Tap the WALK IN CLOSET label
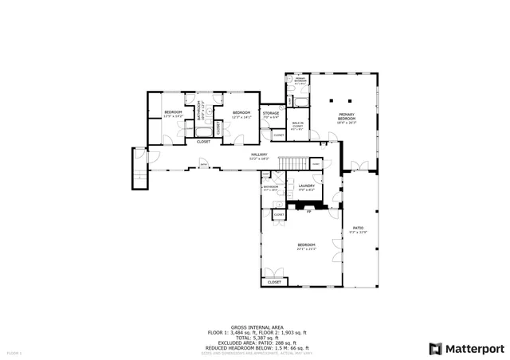(x=297, y=126)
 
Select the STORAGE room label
(x=270, y=115)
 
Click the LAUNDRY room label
(x=306, y=187)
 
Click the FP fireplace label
(x=308, y=212)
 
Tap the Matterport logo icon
(x=433, y=348)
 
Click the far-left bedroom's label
(x=173, y=113)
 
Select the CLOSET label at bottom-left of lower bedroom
(x=274, y=282)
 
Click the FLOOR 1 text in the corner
(x=14, y=351)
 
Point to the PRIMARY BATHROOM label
(x=300, y=80)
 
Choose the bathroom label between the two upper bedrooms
(x=202, y=111)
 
